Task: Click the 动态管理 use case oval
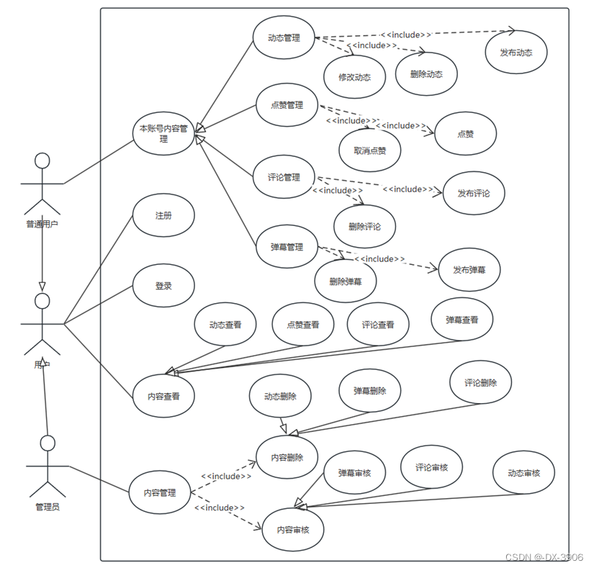[284, 38]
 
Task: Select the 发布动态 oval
[516, 52]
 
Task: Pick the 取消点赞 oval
[370, 151]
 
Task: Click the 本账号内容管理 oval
[163, 133]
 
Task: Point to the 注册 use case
[163, 215]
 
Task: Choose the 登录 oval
[163, 286]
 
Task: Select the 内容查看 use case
[163, 396]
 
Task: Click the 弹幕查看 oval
[462, 320]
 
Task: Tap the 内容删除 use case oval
[287, 457]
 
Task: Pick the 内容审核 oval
[293, 530]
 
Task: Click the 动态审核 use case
[523, 473]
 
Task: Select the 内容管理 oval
[160, 493]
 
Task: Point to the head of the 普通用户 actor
[42, 160]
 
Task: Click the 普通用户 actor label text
[42, 224]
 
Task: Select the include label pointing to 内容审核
[219, 508]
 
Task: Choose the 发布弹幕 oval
[469, 270]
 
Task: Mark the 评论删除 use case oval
[480, 383]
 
